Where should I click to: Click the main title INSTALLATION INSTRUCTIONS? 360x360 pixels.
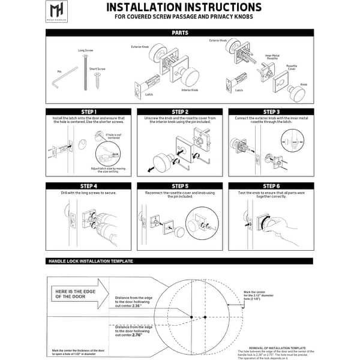[x=184, y=8]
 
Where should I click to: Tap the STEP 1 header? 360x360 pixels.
[x=88, y=112]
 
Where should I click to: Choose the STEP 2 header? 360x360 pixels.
[x=179, y=112]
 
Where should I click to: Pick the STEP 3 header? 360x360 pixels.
[x=271, y=112]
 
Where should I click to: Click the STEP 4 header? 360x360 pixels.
[x=88, y=186]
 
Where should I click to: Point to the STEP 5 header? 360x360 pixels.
[x=179, y=186]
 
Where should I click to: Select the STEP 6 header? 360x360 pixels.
[x=271, y=186]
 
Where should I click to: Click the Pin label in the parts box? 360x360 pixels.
[x=59, y=71]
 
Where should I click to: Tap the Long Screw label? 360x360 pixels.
[x=85, y=51]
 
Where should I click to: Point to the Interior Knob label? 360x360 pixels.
[x=190, y=91]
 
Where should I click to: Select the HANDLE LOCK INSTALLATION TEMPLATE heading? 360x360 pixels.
[x=90, y=262]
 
